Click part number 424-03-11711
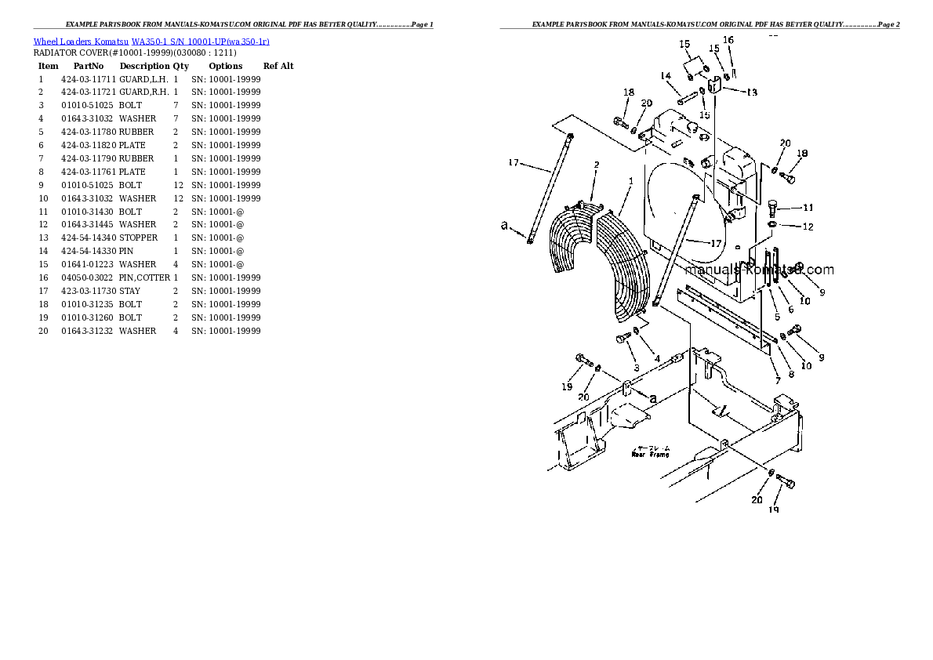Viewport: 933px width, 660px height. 88,79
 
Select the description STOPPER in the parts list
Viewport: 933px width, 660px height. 138,238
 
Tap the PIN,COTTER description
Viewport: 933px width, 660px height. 144,277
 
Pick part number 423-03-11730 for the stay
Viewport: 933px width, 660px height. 88,291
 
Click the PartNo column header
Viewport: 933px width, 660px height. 89,66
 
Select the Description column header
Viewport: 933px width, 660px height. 143,66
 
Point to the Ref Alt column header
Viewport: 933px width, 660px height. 278,66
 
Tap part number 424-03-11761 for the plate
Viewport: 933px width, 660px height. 88,172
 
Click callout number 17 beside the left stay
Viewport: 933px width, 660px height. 514,163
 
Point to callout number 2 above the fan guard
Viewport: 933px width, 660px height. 596,165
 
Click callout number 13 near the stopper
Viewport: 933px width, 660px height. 751,92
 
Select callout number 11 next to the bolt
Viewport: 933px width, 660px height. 808,208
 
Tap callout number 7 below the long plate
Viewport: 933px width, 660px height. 778,380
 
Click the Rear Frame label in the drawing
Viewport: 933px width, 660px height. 650,453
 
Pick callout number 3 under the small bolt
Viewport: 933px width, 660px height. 636,368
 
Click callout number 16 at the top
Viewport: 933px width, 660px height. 728,40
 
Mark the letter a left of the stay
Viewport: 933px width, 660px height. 504,226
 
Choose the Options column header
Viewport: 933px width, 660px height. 226,66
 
